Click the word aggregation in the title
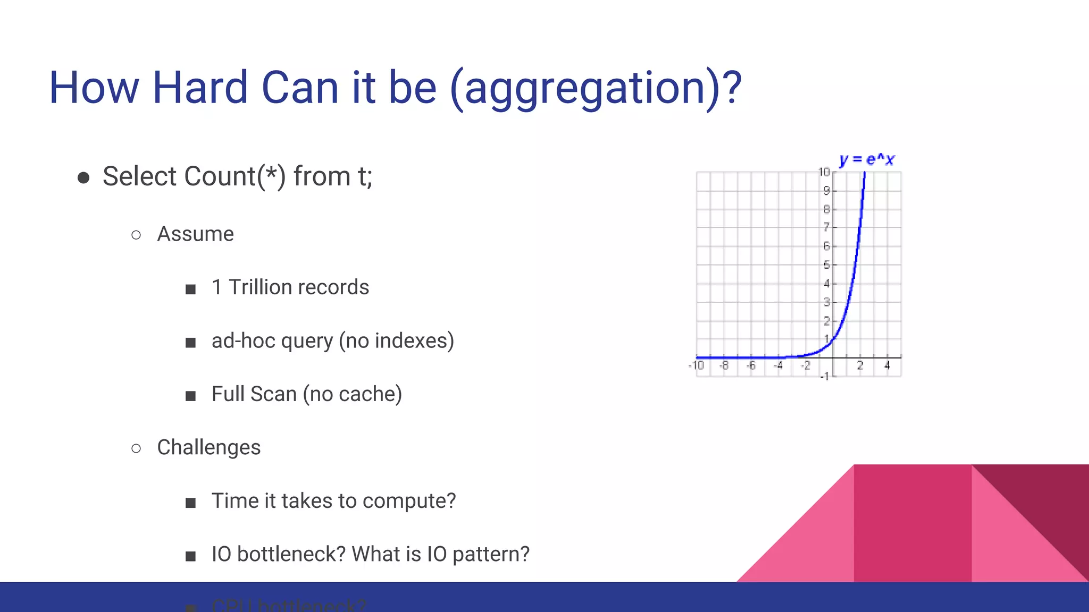click(585, 88)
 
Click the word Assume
click(195, 234)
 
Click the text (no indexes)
click(397, 341)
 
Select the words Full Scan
click(254, 394)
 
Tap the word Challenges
click(208, 447)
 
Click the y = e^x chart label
click(867, 159)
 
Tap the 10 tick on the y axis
click(824, 172)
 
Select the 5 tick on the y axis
click(826, 265)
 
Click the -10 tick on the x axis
click(696, 365)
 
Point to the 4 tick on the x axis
click(887, 365)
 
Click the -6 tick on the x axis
click(751, 365)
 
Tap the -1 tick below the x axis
click(824, 376)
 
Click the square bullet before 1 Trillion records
click(190, 289)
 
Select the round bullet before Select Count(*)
click(83, 177)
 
